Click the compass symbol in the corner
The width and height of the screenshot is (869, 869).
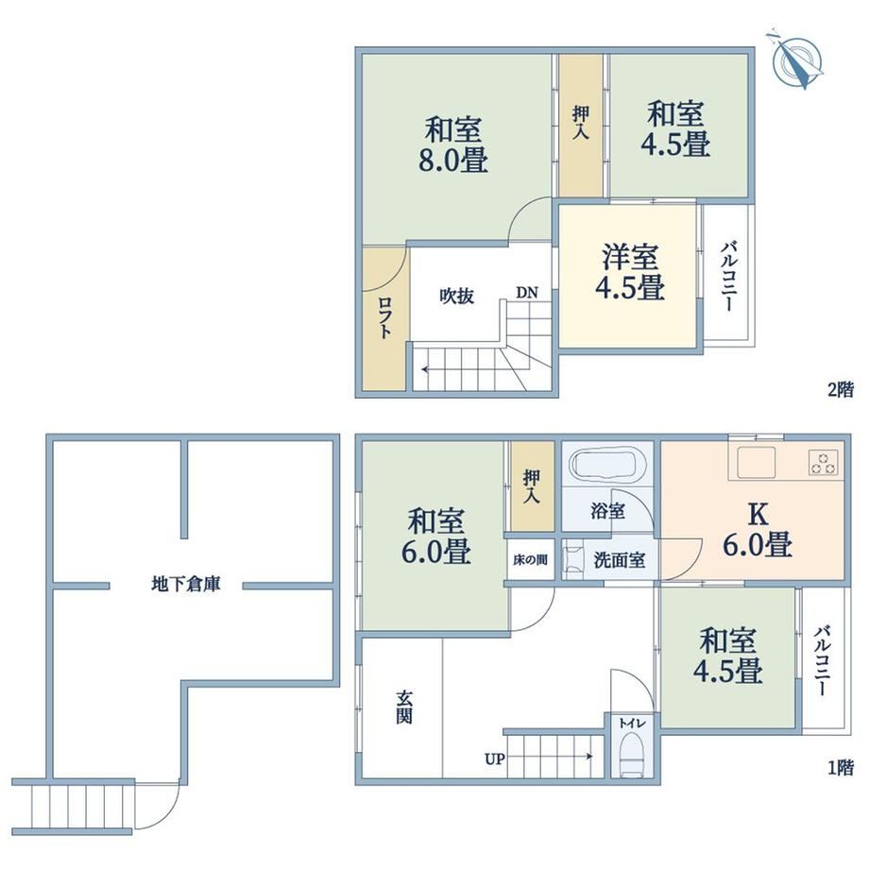pos(796,60)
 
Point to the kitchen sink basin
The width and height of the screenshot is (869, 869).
pos(756,463)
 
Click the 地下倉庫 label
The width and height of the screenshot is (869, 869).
pos(186,584)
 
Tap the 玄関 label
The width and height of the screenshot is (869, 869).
pos(403,707)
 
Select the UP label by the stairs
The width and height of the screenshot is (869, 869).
pos(495,759)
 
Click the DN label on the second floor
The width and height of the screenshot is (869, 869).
pos(526,293)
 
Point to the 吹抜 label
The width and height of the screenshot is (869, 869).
pos(456,296)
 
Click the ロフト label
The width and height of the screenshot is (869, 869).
pos(384,317)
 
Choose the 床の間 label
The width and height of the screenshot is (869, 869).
pos(530,560)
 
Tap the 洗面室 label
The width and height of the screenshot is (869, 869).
pos(619,560)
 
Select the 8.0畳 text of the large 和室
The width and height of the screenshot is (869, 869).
pos(453,161)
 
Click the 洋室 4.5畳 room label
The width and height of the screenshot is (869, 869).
pos(630,272)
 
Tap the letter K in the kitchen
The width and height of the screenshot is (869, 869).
pos(758,515)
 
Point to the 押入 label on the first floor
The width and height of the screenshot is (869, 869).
pos(531,486)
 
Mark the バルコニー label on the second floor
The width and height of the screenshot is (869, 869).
pos(729,276)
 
